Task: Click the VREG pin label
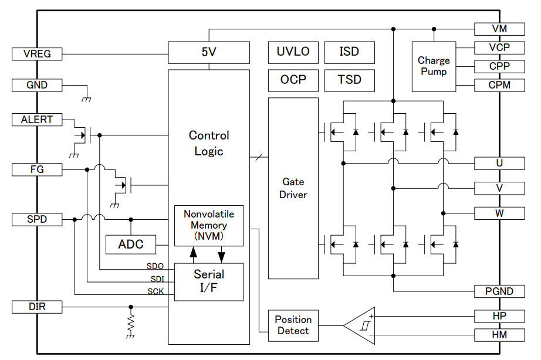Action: coord(37,54)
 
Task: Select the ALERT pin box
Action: coord(37,120)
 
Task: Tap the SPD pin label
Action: coord(37,220)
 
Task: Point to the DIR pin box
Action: coord(37,307)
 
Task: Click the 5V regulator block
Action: coord(209,52)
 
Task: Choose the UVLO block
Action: coord(293,52)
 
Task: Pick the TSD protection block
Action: coord(349,80)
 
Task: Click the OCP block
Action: coord(293,80)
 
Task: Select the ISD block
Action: coord(349,52)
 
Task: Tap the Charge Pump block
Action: coord(434,66)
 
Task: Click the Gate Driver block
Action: coord(293,188)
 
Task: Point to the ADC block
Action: coord(130,244)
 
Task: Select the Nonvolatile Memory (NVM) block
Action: coord(209,226)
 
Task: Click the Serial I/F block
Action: coord(209,281)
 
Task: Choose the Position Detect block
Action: coord(293,325)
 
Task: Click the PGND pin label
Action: coord(499,291)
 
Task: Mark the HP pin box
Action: coord(499,316)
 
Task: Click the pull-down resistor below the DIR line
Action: coord(131,322)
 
